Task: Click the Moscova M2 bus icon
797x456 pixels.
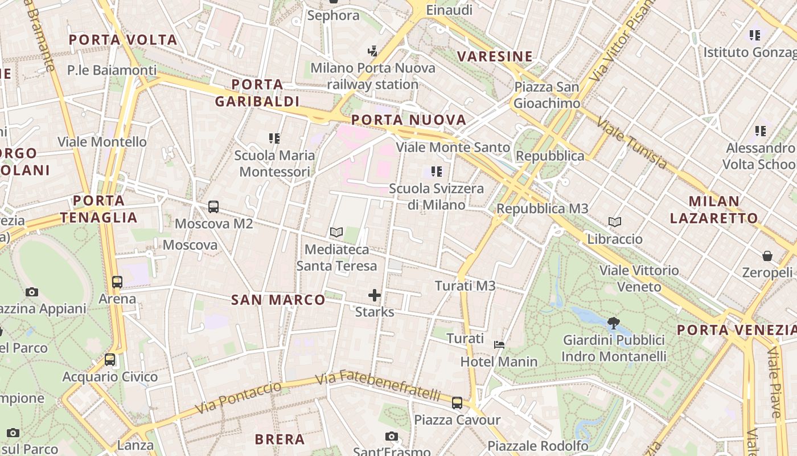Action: coord(213,207)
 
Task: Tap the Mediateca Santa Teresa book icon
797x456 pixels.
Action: coord(336,233)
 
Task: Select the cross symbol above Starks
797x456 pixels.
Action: coord(375,295)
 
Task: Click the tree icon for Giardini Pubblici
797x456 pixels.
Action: coord(614,323)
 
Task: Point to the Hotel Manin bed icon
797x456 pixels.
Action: coord(499,345)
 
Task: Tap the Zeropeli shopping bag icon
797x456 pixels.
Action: coord(767,256)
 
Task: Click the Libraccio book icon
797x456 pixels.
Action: coord(615,222)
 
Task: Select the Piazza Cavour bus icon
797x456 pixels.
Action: coord(457,403)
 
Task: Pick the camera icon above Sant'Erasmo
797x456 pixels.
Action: coord(391,437)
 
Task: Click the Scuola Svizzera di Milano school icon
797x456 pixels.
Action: coord(437,171)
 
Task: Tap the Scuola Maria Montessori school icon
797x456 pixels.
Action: coord(274,138)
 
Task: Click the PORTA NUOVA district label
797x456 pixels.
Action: coord(409,120)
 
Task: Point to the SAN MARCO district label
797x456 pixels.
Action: coord(278,300)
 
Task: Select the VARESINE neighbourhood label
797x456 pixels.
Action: coord(495,56)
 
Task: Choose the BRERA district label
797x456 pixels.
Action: coord(280,439)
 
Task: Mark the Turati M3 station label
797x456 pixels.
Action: coord(465,286)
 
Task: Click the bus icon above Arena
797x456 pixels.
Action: coord(117,282)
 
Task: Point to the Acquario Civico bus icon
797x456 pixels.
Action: coord(110,360)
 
